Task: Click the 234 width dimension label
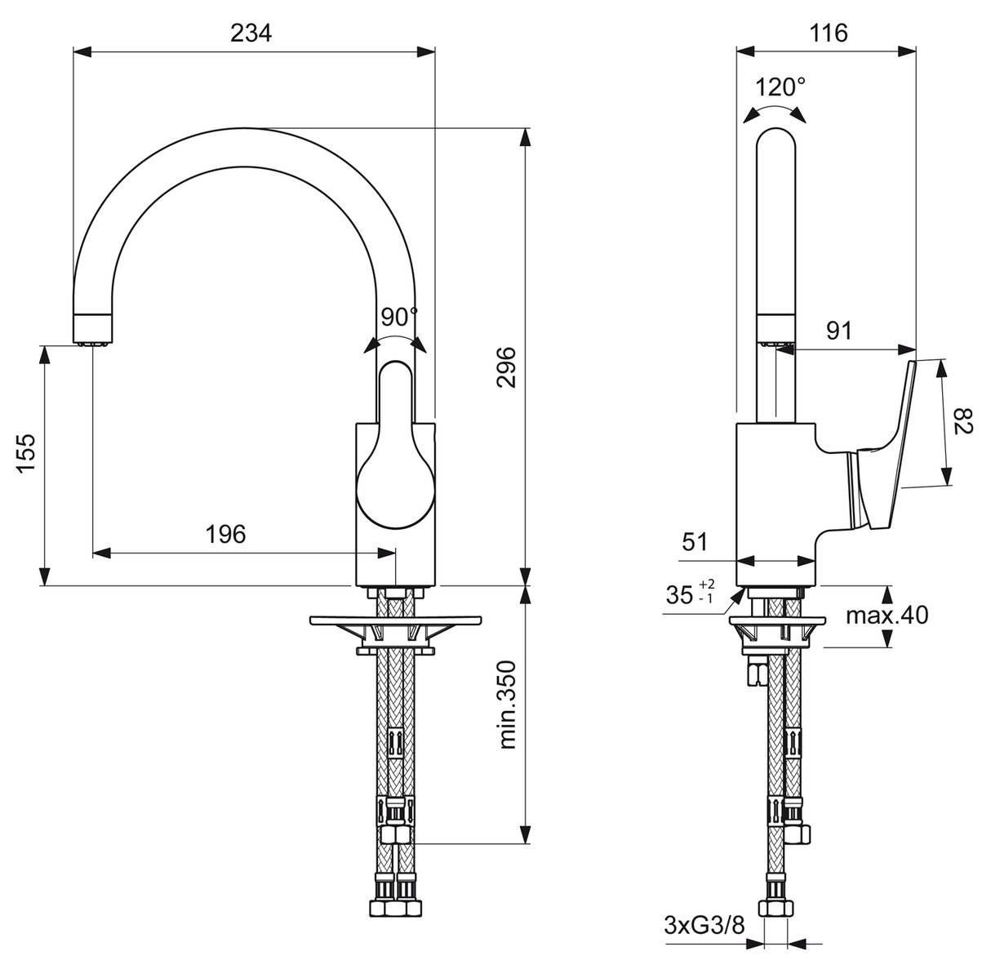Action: [x=251, y=33]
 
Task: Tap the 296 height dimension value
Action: [x=506, y=367]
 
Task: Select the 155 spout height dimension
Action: [x=25, y=453]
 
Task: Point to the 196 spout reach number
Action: [x=226, y=534]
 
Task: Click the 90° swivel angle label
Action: [x=400, y=318]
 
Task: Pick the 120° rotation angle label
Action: [x=780, y=87]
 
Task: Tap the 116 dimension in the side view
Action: [x=829, y=33]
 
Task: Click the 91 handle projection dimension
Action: [x=839, y=331]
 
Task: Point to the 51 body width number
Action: [x=695, y=542]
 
